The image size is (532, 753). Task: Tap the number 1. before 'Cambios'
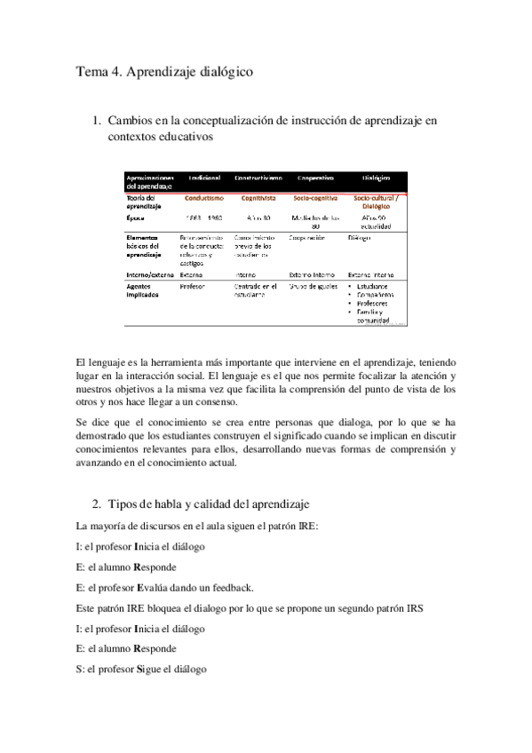[99, 120]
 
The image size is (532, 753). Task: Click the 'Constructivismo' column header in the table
[258, 178]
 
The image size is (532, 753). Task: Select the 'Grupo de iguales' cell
[314, 287]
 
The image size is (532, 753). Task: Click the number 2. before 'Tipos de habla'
[99, 504]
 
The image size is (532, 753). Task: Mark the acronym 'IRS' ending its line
[411, 607]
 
